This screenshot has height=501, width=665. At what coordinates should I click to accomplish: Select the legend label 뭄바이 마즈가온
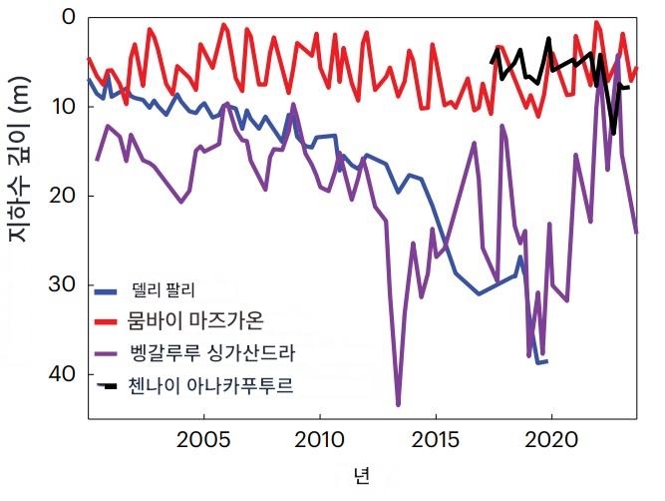pyautogui.click(x=196, y=321)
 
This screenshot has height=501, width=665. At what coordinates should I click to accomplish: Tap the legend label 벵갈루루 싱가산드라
pyautogui.click(x=212, y=352)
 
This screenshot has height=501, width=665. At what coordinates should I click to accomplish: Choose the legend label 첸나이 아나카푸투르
pyautogui.click(x=212, y=384)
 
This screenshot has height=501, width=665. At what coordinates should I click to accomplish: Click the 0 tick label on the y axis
pyautogui.click(x=67, y=17)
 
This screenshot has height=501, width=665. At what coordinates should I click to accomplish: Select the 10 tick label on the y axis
pyautogui.click(x=61, y=106)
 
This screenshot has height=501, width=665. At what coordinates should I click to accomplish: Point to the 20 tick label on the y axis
pyautogui.click(x=61, y=195)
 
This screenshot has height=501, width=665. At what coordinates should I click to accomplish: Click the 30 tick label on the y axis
pyautogui.click(x=61, y=284)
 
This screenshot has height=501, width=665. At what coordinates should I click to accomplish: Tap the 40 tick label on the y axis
pyautogui.click(x=61, y=373)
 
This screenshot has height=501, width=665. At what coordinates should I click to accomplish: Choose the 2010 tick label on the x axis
pyautogui.click(x=320, y=438)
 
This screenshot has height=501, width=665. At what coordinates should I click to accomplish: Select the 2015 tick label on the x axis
pyautogui.click(x=437, y=438)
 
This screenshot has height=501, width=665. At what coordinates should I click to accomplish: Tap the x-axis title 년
pyautogui.click(x=361, y=472)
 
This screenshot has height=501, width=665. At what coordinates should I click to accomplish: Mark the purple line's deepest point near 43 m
pyautogui.click(x=398, y=404)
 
